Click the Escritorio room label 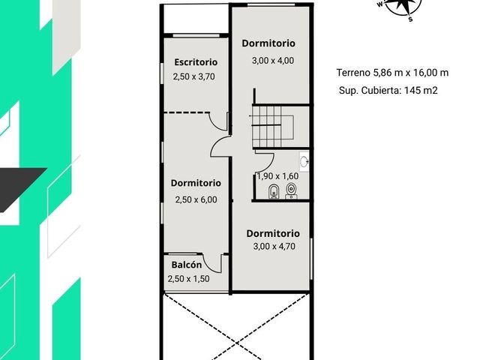click(196, 62)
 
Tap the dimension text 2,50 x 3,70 click(193, 76)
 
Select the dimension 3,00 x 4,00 click(273, 61)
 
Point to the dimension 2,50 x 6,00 click(196, 200)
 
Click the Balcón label click(187, 265)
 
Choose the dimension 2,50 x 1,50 click(188, 279)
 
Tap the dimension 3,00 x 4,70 click(274, 247)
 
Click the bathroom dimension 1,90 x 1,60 click(277, 176)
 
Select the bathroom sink click(304, 161)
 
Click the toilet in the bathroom click(291, 190)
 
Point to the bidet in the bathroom click(273, 192)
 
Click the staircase click(272, 127)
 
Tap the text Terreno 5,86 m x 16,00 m click(392, 73)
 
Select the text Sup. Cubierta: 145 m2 click(388, 91)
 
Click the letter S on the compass click(410, 19)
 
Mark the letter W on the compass click(380, 4)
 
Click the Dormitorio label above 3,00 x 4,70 click(273, 233)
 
